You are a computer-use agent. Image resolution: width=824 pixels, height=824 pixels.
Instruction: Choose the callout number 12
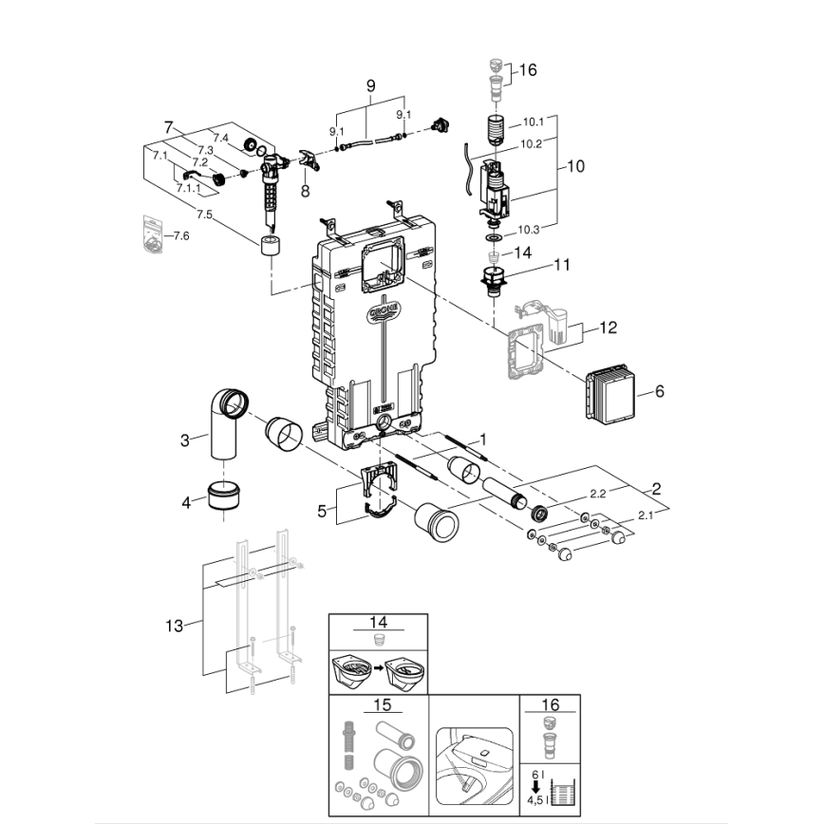608,328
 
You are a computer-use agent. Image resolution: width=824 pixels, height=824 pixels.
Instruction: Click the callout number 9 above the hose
370,85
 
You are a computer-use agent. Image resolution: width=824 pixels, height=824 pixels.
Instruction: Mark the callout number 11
562,265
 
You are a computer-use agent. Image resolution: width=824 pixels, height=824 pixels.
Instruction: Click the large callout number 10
575,166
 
